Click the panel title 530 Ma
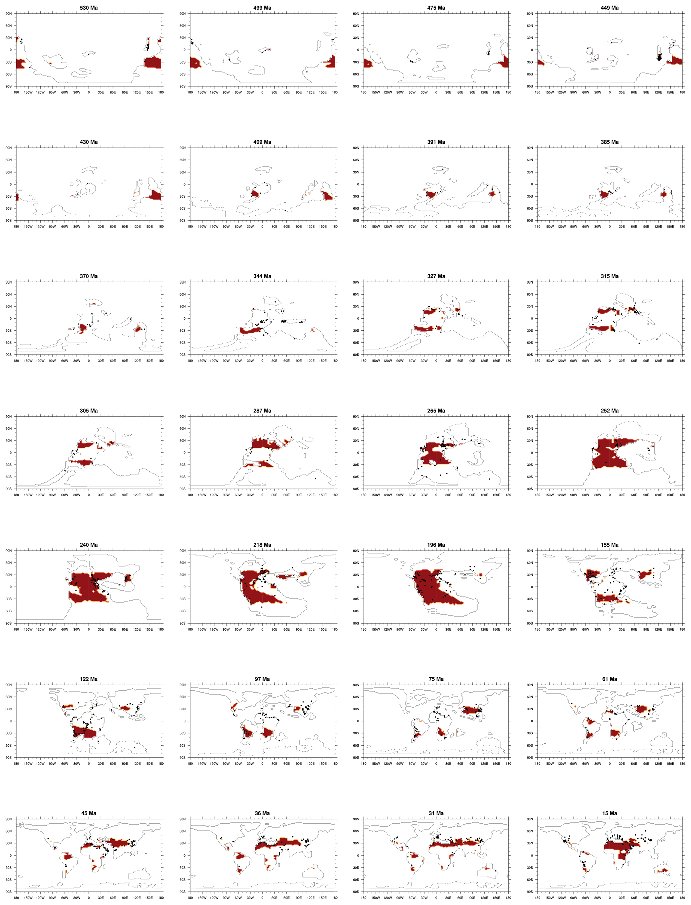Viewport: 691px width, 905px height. [x=89, y=8]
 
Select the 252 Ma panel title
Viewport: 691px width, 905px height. [x=609, y=411]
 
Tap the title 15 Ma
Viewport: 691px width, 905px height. [x=609, y=813]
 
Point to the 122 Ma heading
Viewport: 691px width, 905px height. [x=89, y=679]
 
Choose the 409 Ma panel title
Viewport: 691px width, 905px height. [x=262, y=142]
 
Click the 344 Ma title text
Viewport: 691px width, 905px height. [x=262, y=276]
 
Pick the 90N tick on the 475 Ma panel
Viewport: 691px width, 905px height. [x=356, y=14]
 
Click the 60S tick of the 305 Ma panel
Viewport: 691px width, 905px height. [x=9, y=477]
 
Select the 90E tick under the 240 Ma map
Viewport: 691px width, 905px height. [x=125, y=630]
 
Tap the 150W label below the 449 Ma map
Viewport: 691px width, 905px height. [x=549, y=93]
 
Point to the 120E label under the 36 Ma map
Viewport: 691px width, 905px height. [x=311, y=898]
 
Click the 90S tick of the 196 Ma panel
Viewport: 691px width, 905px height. [x=356, y=623]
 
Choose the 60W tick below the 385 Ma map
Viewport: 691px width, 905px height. [x=585, y=227]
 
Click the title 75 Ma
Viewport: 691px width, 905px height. [x=436, y=679]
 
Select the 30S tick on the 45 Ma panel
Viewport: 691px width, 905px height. [x=9, y=868]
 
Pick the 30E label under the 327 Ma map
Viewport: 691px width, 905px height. [x=448, y=361]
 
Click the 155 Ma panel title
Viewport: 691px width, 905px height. [x=609, y=545]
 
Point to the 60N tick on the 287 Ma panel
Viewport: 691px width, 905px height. [x=182, y=429]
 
